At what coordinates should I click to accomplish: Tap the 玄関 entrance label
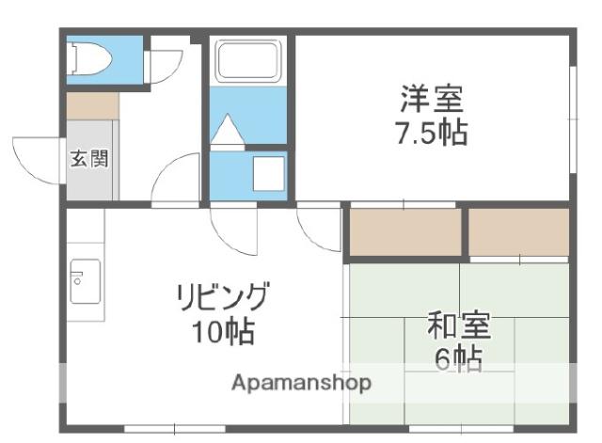[x=88, y=158]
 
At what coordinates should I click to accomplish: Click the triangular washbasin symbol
[x=228, y=131]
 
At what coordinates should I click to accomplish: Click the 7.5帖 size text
[x=430, y=133]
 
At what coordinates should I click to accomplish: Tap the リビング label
[x=224, y=299]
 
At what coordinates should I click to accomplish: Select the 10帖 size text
[x=224, y=333]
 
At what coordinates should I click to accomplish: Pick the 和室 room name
[x=459, y=327]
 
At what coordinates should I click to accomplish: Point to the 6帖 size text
[x=459, y=358]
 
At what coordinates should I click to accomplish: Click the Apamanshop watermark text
[x=302, y=383]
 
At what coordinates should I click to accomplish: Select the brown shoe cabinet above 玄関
[x=91, y=106]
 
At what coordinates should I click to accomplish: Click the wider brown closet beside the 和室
[x=405, y=231]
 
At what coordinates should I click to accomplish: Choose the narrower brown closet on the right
[x=518, y=231]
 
